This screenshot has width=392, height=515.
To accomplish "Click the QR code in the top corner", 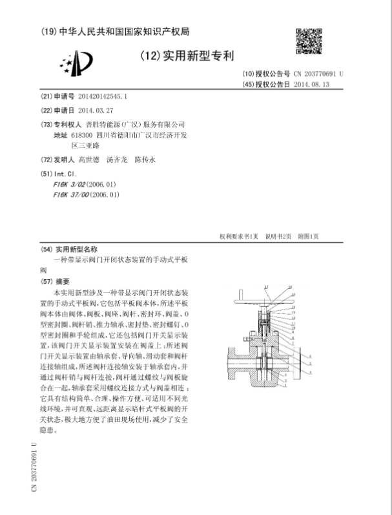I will (x=308, y=41).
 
